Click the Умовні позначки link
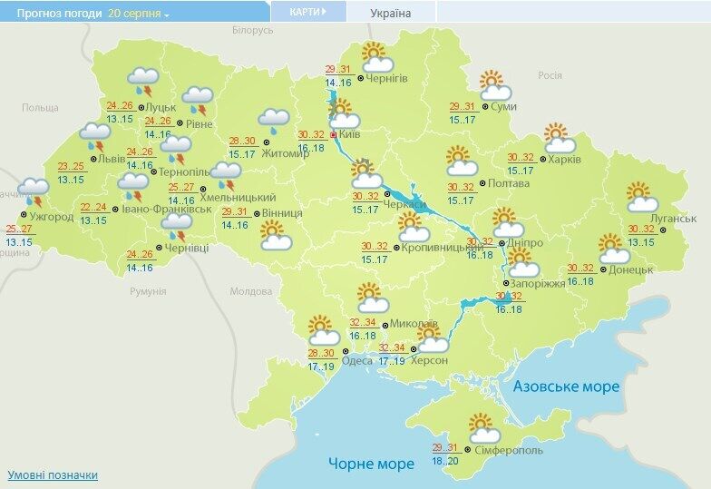[53, 474]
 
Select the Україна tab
[391, 14]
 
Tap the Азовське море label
[567, 386]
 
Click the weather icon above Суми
[494, 85]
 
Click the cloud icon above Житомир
[273, 120]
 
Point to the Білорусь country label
[252, 31]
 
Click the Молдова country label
[251, 291]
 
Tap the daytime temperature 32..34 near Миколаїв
[363, 322]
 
